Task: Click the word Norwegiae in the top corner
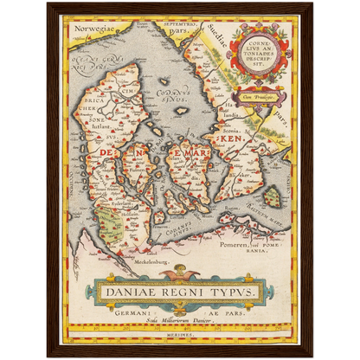pyautogui.click(x=93, y=29)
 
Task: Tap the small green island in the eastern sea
pyautogui.click(x=272, y=198)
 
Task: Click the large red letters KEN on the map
pyautogui.click(x=232, y=138)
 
